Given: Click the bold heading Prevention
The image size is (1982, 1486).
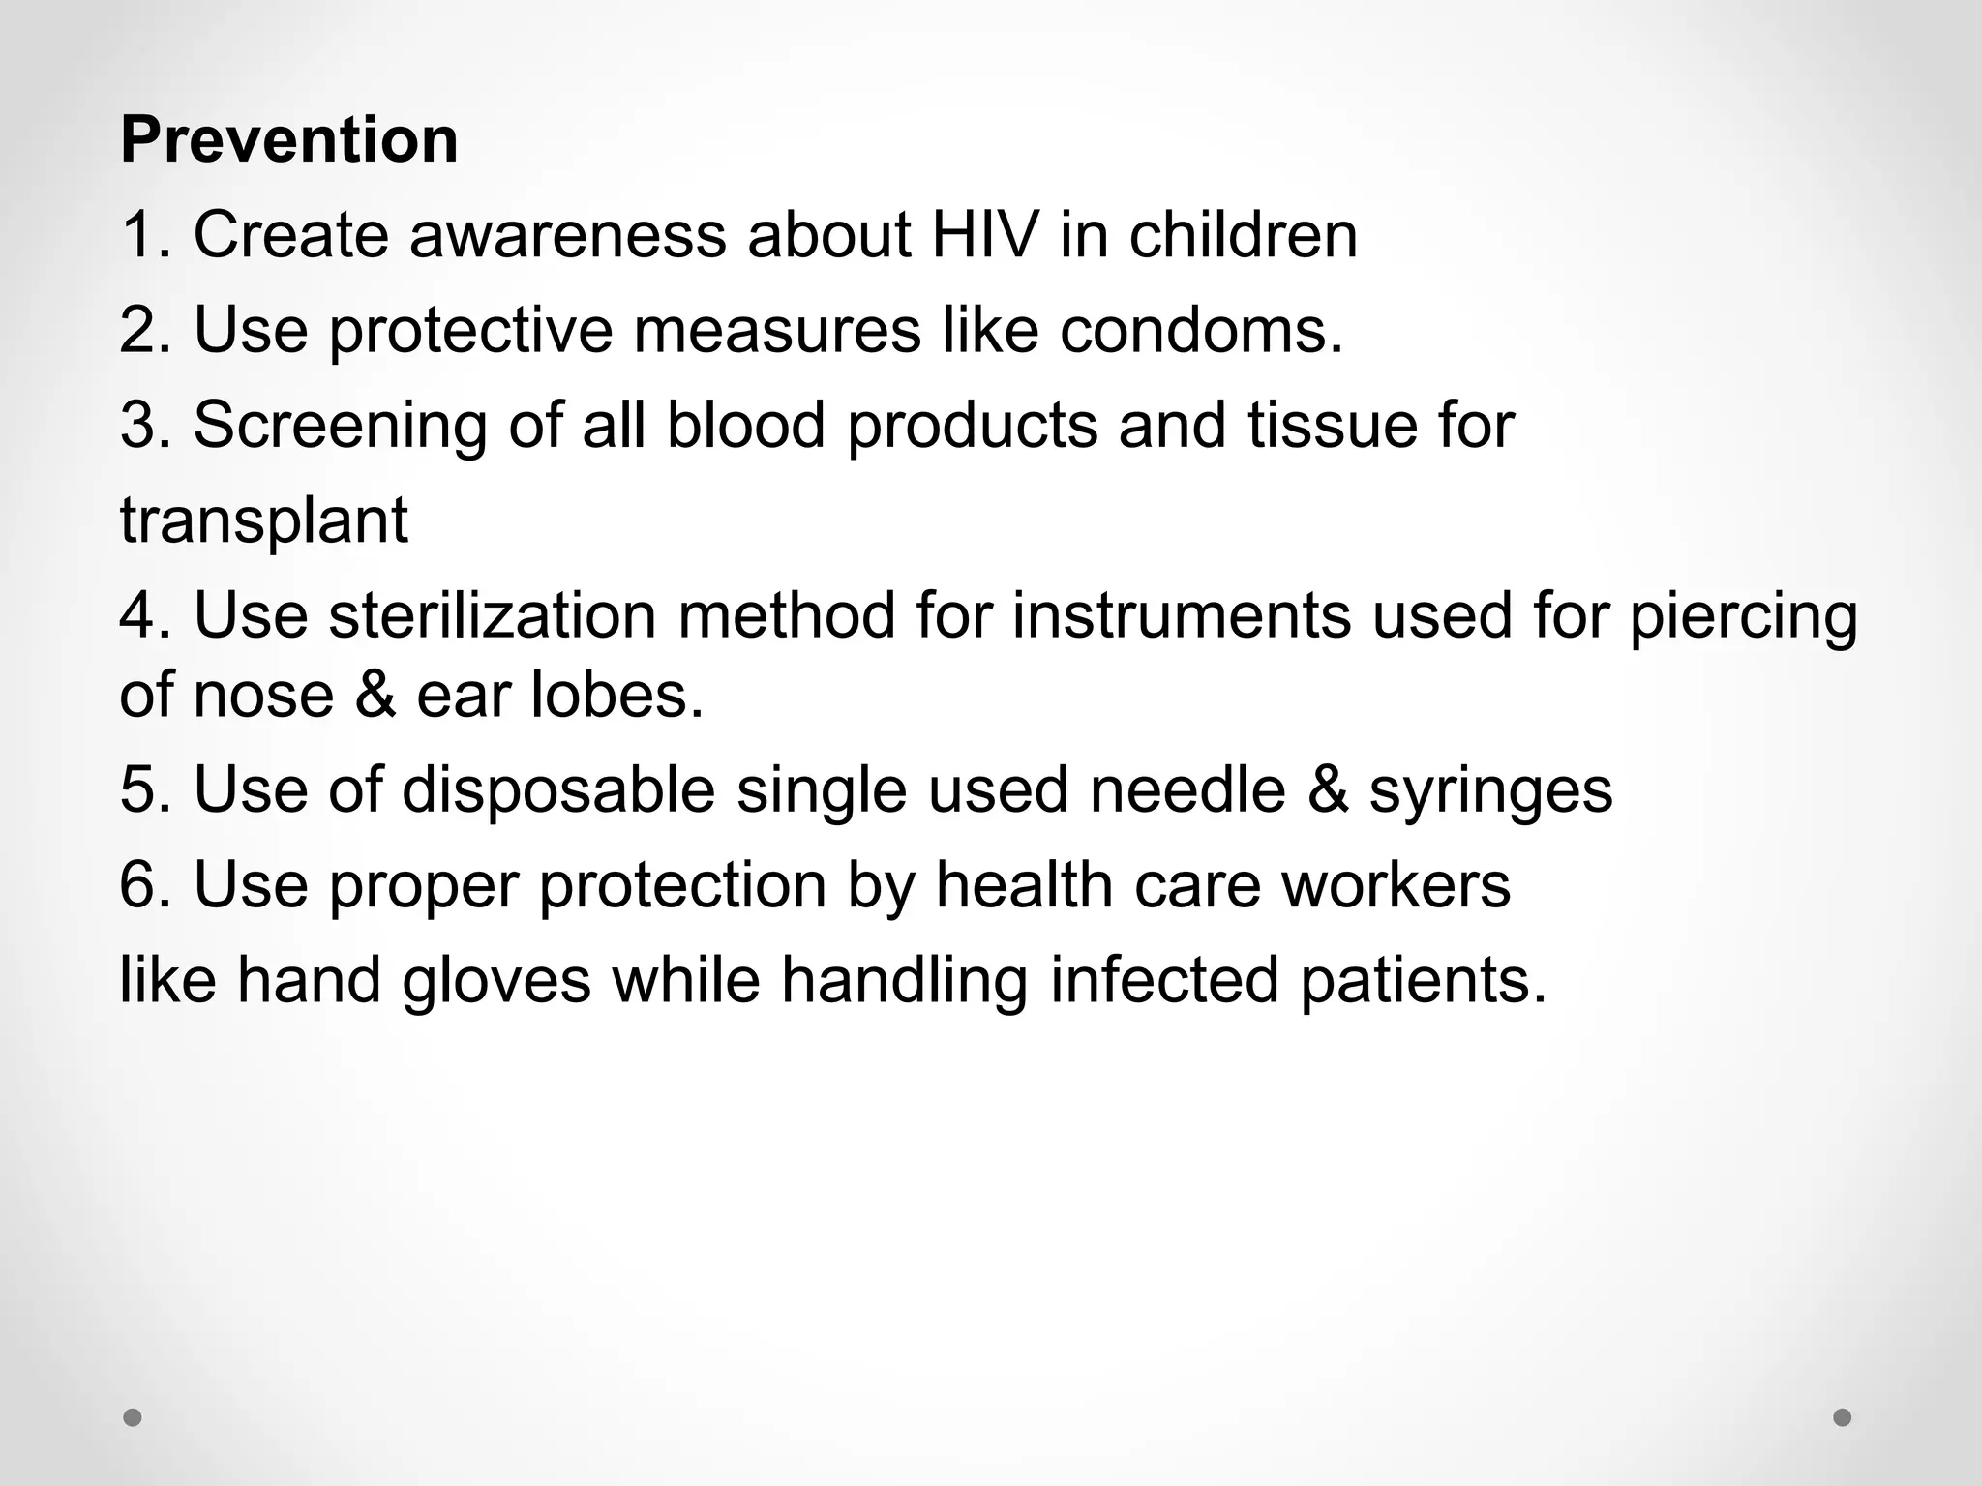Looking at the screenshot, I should click(x=288, y=141).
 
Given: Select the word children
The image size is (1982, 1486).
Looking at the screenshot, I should click(x=1243, y=235).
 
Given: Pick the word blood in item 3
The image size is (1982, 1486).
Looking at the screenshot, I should click(x=744, y=426).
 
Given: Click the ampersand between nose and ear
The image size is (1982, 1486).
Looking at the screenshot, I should click(x=375, y=696).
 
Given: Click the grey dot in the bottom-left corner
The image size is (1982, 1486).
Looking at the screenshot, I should click(x=133, y=1418).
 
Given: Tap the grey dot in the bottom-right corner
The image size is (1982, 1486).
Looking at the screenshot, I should click(x=1842, y=1418).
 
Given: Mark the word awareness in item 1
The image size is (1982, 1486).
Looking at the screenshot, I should click(x=567, y=235).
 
